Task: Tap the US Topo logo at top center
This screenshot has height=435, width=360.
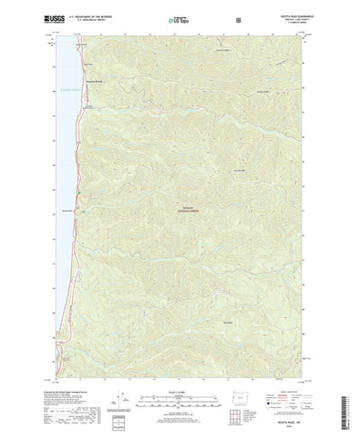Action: [179, 17]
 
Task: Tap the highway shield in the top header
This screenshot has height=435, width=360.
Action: [236, 17]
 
